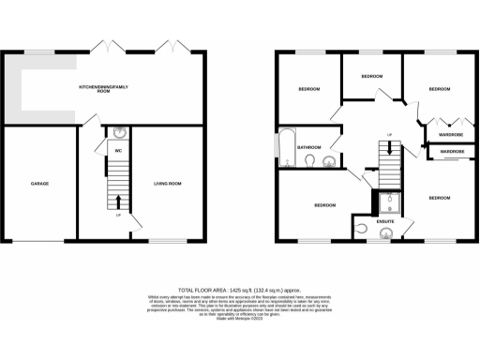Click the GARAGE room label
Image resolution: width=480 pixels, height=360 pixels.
38,184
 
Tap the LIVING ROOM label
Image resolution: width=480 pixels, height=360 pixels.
168,184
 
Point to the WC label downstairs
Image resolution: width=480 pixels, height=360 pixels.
118,150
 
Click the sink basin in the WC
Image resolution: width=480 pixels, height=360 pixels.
118,133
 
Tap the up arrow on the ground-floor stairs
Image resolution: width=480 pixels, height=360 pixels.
118,201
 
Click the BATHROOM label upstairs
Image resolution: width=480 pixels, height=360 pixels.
310,147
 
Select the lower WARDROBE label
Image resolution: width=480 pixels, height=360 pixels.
452,151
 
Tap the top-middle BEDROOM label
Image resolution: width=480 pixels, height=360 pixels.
372,75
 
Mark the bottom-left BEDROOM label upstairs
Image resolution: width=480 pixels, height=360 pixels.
324,205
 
